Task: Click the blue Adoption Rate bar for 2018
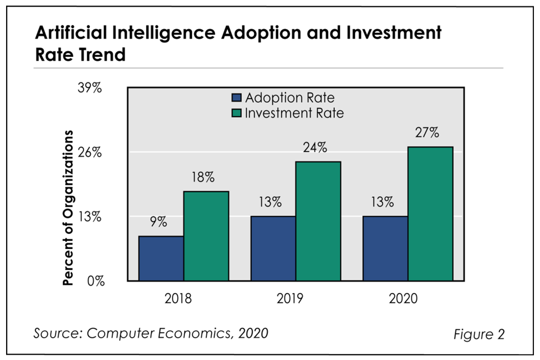click(161, 258)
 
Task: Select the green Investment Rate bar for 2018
click(206, 236)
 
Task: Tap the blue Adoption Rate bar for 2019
click(273, 248)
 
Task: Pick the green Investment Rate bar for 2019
click(318, 221)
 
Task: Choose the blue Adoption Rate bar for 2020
click(385, 248)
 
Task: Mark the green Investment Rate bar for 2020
click(430, 214)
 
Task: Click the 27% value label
click(427, 133)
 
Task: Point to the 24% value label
click(315, 148)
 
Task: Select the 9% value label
click(159, 222)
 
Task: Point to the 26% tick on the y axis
click(89, 152)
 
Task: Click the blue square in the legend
click(236, 98)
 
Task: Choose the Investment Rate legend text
click(294, 113)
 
